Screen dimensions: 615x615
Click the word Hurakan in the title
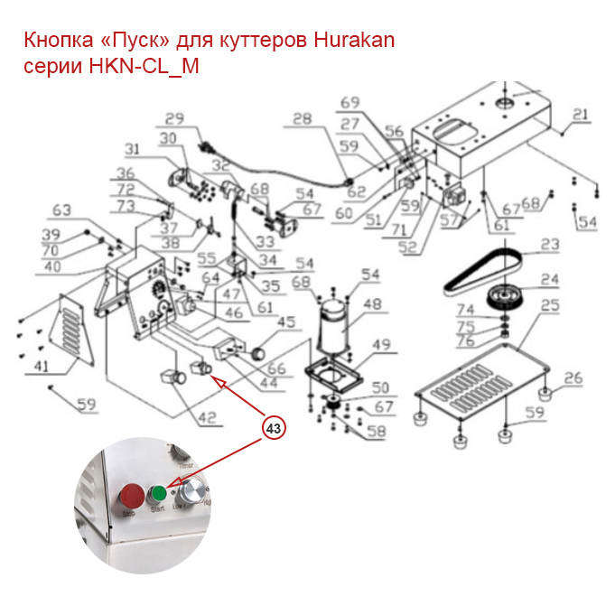tap(354, 41)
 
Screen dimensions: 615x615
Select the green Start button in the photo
tap(159, 493)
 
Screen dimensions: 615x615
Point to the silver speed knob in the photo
tap(191, 494)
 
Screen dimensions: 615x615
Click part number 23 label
tap(550, 245)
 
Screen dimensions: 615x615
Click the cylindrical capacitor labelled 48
tap(335, 326)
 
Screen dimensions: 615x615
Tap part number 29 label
tap(174, 118)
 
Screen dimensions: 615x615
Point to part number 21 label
tap(580, 115)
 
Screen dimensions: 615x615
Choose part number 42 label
tap(208, 417)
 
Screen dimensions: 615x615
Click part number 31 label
tap(132, 149)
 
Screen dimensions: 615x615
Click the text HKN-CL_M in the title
tap(143, 66)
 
